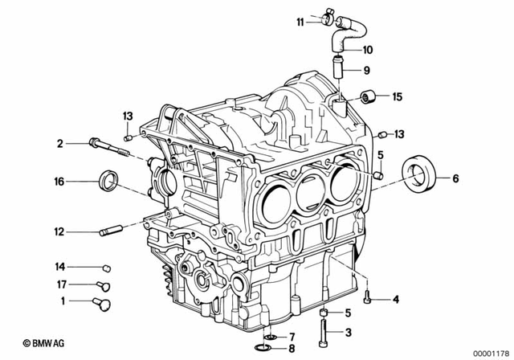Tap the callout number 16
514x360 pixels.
coord(59,182)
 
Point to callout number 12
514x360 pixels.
coord(59,231)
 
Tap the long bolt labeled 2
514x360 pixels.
coord(104,145)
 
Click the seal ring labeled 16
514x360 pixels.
coord(107,181)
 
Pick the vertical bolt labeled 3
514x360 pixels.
coord(324,331)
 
